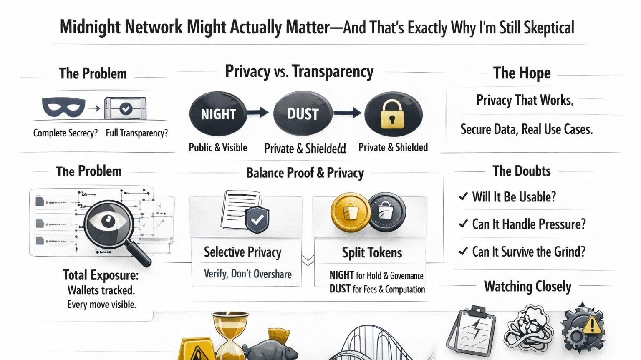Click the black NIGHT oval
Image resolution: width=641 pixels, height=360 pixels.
pyautogui.click(x=218, y=114)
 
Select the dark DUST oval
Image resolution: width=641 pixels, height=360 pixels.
pyautogui.click(x=303, y=114)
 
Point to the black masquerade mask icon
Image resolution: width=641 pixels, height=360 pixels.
pyautogui.click(x=63, y=107)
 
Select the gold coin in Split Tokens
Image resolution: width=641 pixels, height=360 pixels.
pyautogui.click(x=350, y=212)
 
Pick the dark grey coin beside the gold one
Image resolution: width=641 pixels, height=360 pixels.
pyautogui.click(x=387, y=212)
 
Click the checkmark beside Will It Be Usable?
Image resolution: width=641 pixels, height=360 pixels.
pyautogui.click(x=463, y=196)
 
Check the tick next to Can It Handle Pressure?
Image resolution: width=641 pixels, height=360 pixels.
pyautogui.click(x=463, y=224)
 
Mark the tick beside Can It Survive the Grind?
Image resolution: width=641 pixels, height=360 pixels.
pyautogui.click(x=463, y=252)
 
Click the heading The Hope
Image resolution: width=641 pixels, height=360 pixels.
pyautogui.click(x=522, y=73)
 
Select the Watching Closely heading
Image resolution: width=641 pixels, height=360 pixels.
pyautogui.click(x=527, y=287)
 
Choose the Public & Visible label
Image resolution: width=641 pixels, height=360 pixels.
pyautogui.click(x=218, y=148)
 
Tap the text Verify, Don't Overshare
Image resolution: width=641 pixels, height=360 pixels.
pyautogui.click(x=247, y=274)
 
